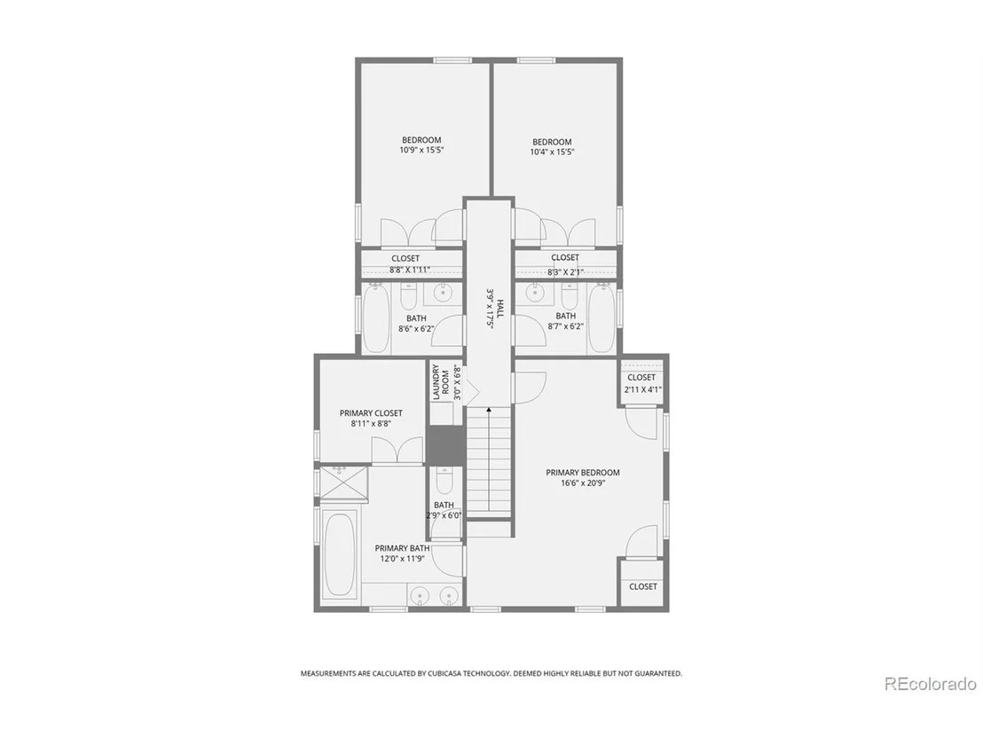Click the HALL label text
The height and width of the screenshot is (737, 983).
tap(499, 309)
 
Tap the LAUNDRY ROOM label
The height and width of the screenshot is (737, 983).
tap(440, 382)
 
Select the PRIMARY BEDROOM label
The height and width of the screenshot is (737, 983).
tap(582, 473)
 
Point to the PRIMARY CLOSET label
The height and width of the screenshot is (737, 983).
tap(371, 413)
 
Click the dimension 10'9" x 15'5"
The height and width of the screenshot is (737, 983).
tap(421, 151)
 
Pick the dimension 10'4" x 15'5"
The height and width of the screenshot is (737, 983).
tap(552, 152)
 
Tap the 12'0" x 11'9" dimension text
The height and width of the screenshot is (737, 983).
tap(402, 559)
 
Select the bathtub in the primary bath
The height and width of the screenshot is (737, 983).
tap(341, 555)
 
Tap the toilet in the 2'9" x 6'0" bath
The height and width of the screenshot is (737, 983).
tap(444, 482)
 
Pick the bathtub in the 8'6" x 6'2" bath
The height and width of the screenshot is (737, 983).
tap(375, 318)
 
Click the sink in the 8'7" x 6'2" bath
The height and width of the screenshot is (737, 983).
tap(535, 292)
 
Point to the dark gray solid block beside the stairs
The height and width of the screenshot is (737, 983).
tap(446, 445)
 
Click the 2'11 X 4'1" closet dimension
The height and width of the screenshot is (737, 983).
tap(642, 389)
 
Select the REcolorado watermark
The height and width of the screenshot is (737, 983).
tap(931, 683)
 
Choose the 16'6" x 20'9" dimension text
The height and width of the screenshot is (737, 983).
tap(583, 483)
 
